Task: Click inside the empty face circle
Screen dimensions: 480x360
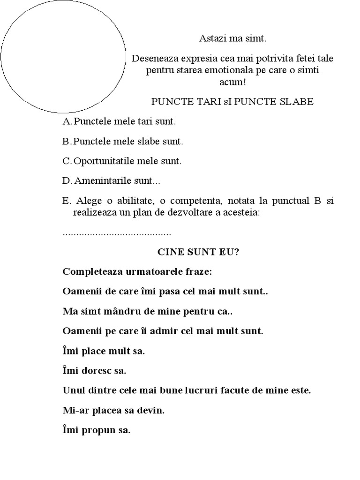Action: tap(63, 56)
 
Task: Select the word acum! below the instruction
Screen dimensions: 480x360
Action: tap(232, 82)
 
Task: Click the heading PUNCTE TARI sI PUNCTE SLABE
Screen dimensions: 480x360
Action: tap(232, 102)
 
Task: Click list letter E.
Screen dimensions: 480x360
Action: tap(66, 201)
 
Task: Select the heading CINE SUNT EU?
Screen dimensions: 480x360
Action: tap(198, 252)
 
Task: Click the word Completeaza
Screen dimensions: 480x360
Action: tap(90, 272)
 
